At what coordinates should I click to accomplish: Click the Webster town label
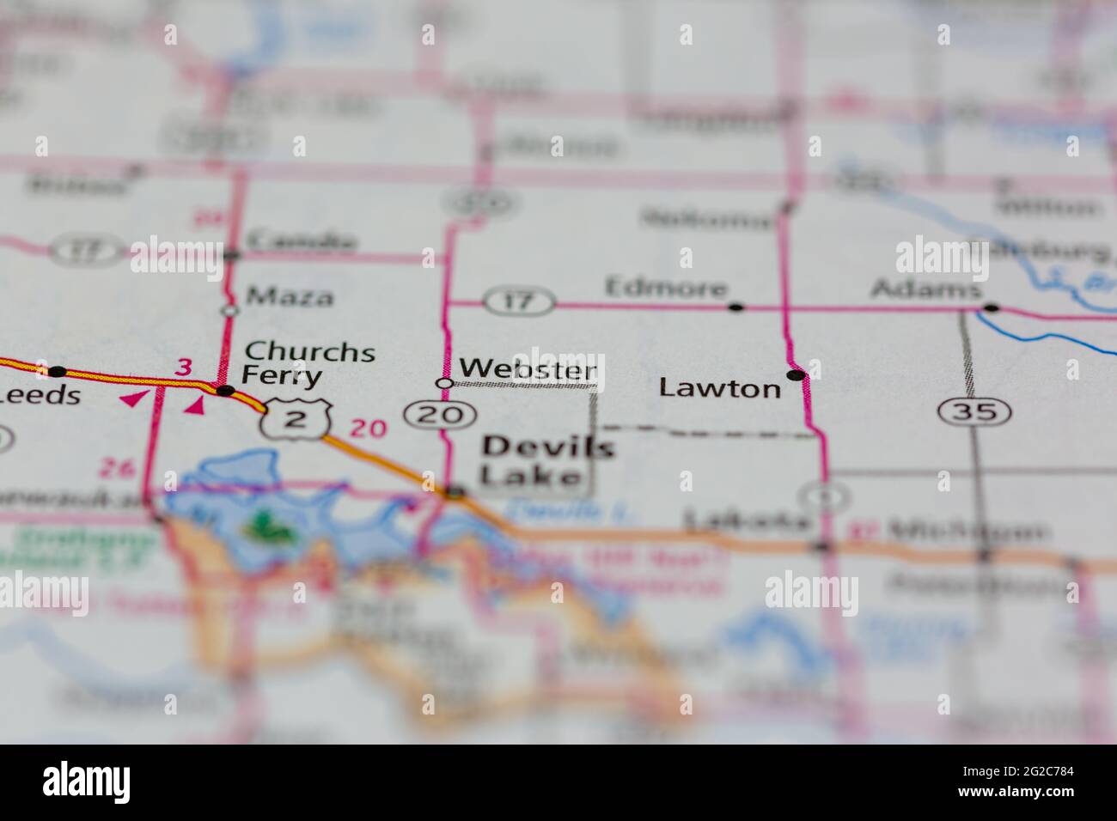click(528, 369)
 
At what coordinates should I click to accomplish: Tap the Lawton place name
click(720, 388)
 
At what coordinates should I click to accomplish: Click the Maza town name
click(290, 297)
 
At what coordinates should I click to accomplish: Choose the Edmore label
click(666, 288)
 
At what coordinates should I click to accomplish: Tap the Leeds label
click(40, 395)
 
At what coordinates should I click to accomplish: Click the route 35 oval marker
click(974, 411)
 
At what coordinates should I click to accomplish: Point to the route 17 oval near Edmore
click(518, 301)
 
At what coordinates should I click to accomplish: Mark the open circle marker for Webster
click(444, 383)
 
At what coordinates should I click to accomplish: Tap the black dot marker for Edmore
click(736, 307)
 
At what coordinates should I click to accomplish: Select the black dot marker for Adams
click(991, 307)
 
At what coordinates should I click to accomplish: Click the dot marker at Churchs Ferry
click(226, 391)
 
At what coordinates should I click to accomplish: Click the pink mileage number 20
click(369, 427)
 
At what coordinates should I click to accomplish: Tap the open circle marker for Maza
click(229, 310)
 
